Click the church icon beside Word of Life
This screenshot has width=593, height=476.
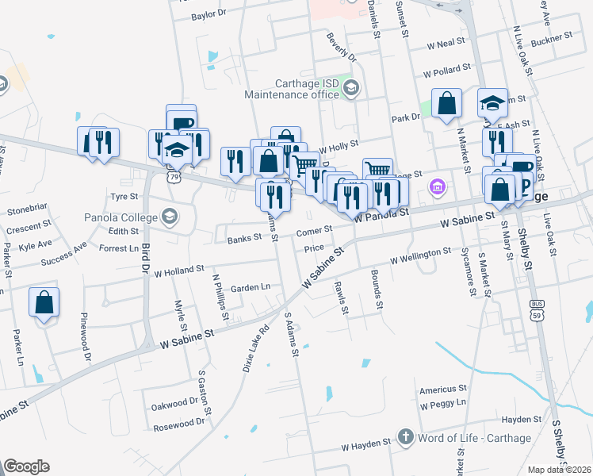point(405,437)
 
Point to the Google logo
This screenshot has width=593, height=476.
point(26,466)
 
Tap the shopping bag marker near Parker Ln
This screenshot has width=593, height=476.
point(44,303)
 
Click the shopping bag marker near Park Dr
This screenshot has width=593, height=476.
point(447,104)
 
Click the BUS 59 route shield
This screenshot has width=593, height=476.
point(536,307)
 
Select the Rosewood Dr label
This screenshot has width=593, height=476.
point(178,424)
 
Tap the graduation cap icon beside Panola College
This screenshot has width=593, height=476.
point(169,216)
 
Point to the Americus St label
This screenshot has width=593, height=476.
point(443,389)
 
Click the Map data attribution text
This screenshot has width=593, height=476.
point(559,470)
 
